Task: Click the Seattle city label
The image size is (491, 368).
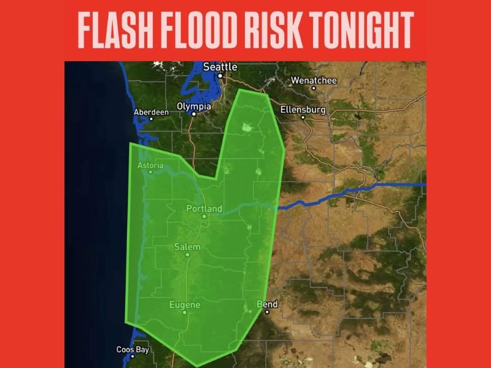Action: [x=220, y=66]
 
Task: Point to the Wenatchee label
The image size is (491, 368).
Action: [x=313, y=80]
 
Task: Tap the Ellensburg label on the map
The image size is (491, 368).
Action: [x=303, y=110]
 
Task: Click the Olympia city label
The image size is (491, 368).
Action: [x=194, y=106]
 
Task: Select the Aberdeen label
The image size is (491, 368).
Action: [x=151, y=112]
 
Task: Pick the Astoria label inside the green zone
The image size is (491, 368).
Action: [x=151, y=165]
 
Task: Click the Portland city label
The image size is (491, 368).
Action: [x=204, y=209]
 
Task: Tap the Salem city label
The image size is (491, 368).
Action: [x=187, y=247]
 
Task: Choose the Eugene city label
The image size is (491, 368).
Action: [x=185, y=304]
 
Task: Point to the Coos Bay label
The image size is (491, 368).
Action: [x=133, y=350]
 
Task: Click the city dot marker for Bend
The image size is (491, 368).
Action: [x=267, y=312]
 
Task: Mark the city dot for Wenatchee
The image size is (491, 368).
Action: [x=314, y=88]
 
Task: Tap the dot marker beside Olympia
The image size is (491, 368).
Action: [x=193, y=113]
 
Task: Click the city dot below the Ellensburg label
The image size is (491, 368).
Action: [x=303, y=117]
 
